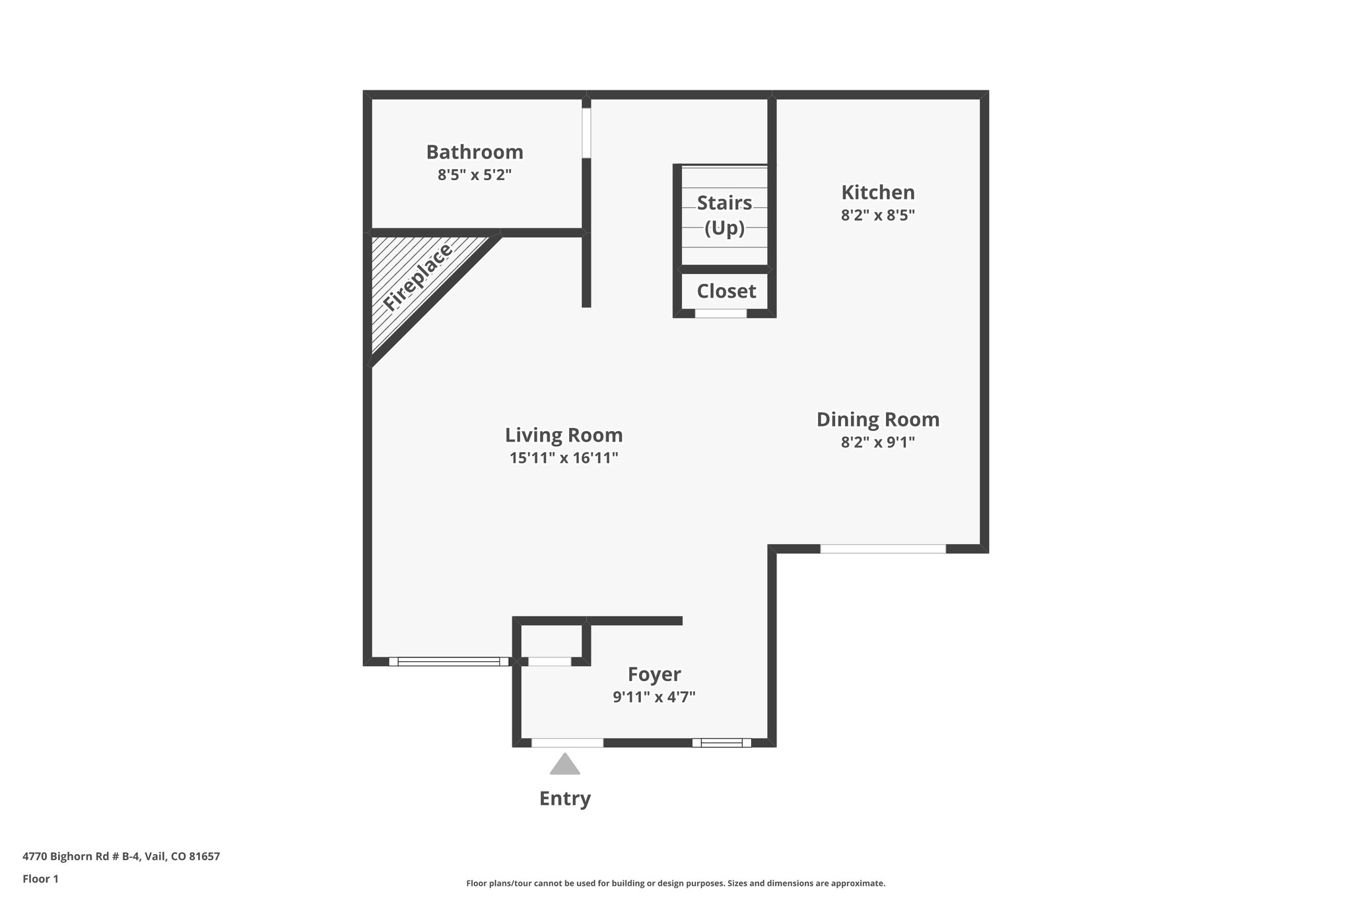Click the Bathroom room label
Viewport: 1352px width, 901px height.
(x=475, y=152)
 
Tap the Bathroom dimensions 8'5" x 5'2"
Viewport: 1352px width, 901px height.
(x=475, y=176)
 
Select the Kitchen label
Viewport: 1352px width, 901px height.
(x=877, y=193)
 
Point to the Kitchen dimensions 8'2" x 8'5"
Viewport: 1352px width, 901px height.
(x=877, y=215)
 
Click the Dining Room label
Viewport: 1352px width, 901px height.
(x=877, y=420)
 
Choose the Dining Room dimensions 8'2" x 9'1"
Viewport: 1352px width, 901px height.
(x=877, y=442)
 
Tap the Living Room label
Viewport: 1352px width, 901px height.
(x=564, y=436)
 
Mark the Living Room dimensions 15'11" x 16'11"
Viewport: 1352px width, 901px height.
(x=564, y=458)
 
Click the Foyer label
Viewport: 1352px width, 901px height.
(x=654, y=675)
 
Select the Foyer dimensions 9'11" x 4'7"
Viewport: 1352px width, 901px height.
(x=654, y=697)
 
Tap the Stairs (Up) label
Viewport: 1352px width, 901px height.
(x=724, y=215)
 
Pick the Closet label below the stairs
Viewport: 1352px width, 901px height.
(x=726, y=291)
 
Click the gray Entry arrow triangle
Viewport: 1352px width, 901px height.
(x=564, y=765)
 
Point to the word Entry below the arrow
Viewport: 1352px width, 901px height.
(x=564, y=799)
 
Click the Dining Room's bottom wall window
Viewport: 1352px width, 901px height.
(x=883, y=549)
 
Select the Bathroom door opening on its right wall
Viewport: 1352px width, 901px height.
(x=586, y=133)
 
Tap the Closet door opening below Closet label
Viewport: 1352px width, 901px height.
(x=720, y=314)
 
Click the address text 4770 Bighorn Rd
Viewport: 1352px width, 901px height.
(x=121, y=857)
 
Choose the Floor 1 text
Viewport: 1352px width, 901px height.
(x=40, y=879)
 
